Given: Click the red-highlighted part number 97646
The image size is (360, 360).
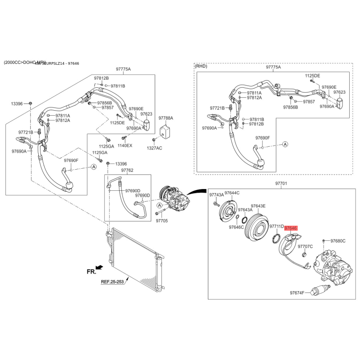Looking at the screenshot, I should tap(291, 228).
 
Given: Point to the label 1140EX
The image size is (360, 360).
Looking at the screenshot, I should tap(125, 145).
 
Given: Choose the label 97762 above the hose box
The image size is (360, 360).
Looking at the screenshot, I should tap(127, 171).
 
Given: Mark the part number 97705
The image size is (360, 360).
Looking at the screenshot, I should tap(162, 221).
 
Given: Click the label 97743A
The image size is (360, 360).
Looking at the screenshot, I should tap(216, 195).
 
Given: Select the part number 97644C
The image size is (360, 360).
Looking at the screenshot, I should tap(232, 193).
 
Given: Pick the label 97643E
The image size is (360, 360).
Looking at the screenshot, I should tap(258, 206).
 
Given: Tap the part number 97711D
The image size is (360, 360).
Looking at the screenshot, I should tap(276, 227).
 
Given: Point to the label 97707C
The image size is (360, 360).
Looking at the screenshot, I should tap(305, 247).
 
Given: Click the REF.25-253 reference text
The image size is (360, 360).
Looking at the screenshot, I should tap(112, 282).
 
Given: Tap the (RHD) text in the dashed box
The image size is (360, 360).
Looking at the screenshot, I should tap(201, 66).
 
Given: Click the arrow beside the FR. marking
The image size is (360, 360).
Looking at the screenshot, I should tap(99, 268).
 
